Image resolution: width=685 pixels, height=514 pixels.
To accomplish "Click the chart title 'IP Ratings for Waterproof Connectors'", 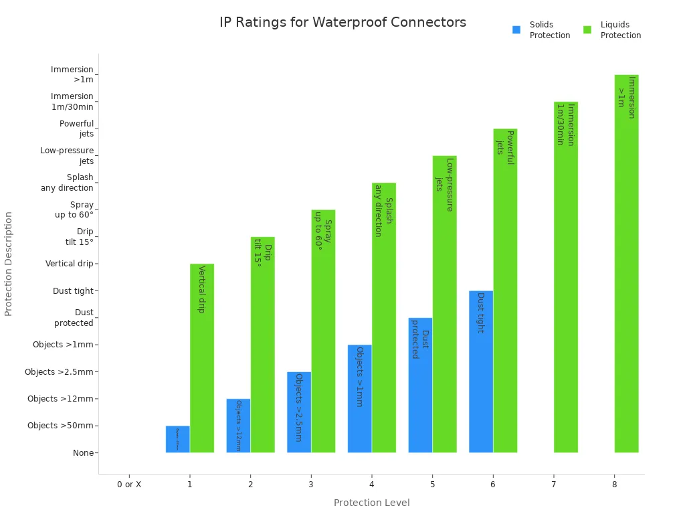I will [x=342, y=22].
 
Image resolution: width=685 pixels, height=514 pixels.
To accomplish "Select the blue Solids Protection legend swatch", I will [x=516, y=30].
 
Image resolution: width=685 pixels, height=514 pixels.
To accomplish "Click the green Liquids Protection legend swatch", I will [x=587, y=30].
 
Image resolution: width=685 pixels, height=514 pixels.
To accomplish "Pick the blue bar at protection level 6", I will [x=480, y=371].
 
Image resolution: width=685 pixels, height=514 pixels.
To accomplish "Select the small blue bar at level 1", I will [x=177, y=439].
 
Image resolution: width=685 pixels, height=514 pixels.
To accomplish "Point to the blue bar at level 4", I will [x=359, y=398].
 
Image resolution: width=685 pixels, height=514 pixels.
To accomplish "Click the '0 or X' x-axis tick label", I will [x=129, y=484].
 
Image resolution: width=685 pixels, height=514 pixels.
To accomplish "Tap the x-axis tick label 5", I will [x=432, y=484].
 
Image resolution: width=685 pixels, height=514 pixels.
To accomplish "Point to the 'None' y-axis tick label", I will [x=83, y=453].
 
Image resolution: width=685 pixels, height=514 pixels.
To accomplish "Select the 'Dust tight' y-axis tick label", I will [x=73, y=291].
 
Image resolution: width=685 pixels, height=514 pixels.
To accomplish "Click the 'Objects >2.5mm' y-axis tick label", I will [x=59, y=372].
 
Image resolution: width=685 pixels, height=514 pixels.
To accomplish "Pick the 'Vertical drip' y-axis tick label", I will [x=69, y=264].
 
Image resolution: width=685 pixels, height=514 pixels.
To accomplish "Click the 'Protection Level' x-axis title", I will [x=371, y=503].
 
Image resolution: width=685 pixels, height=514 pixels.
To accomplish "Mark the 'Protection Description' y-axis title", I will [x=9, y=264].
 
